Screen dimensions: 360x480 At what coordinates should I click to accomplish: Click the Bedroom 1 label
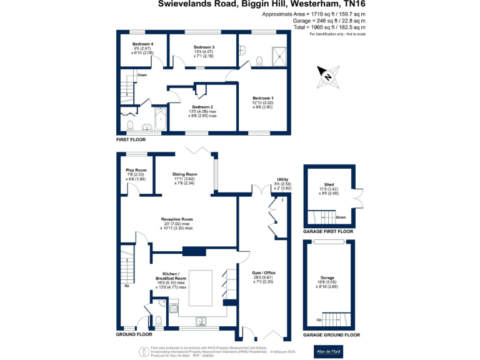click(x=263, y=98)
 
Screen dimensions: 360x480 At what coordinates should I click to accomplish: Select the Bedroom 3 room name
click(x=204, y=47)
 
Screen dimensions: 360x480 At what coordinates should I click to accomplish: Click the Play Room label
click(x=136, y=169)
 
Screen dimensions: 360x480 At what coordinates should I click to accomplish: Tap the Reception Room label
click(x=176, y=219)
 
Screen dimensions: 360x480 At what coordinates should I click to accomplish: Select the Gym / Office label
click(x=263, y=273)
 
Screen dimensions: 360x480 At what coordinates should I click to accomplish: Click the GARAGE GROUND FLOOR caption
click(x=331, y=335)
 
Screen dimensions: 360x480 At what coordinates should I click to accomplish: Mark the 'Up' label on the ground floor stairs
click(x=127, y=286)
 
